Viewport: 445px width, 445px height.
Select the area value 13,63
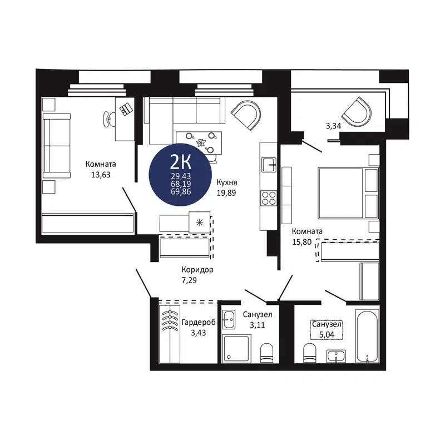101,174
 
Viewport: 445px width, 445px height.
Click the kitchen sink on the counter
269,165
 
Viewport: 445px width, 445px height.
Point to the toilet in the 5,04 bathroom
310,352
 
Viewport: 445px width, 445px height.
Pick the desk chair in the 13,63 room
107,118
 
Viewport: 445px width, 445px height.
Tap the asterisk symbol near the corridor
200,222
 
